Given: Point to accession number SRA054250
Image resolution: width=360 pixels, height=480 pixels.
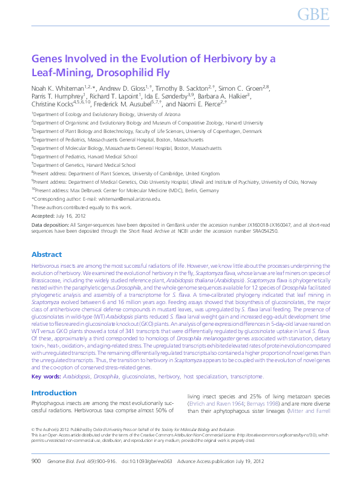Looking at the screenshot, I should pos(263,231).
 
